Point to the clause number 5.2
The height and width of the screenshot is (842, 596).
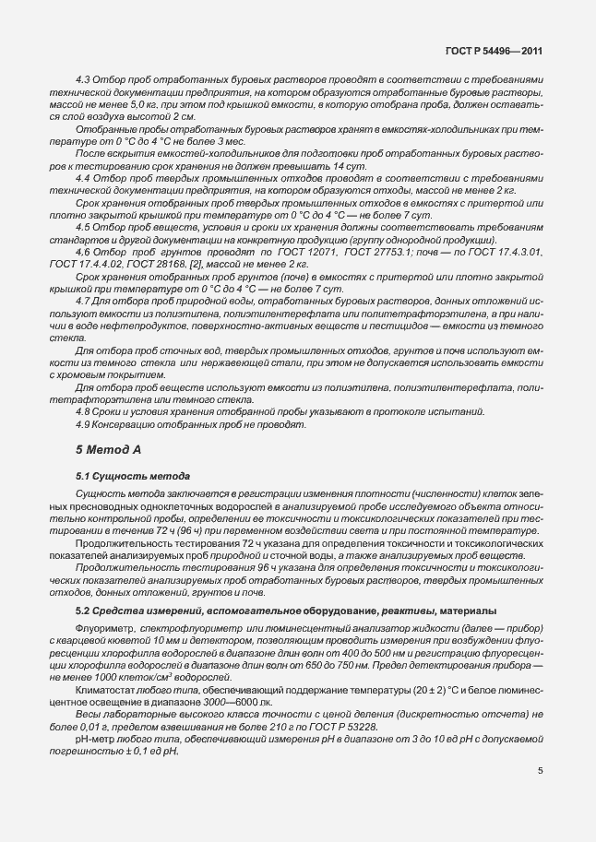(x=83, y=611)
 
